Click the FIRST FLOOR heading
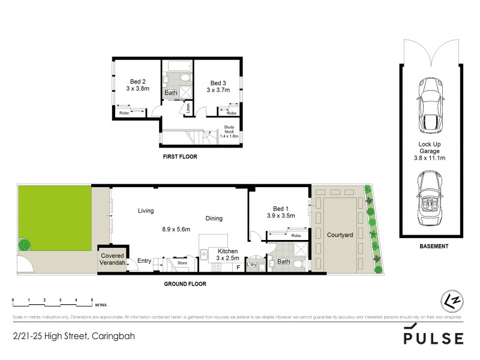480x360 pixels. [180, 157]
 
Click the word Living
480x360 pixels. [146, 211]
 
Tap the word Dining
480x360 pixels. [213, 218]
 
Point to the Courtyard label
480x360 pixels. [339, 235]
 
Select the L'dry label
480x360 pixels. [252, 265]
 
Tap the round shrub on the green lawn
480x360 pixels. [24, 245]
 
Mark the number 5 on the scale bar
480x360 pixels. [91, 299]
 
